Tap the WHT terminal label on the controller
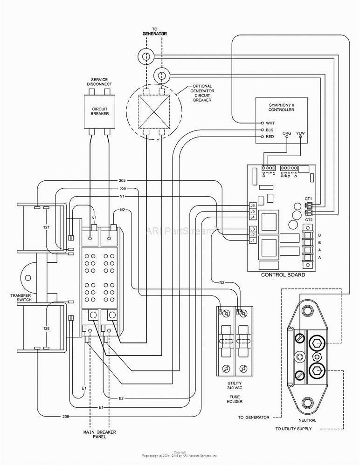(270, 123)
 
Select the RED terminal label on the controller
(270, 137)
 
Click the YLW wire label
(300, 134)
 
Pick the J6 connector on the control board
(252, 206)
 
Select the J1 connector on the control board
(252, 240)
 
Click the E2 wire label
(121, 398)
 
